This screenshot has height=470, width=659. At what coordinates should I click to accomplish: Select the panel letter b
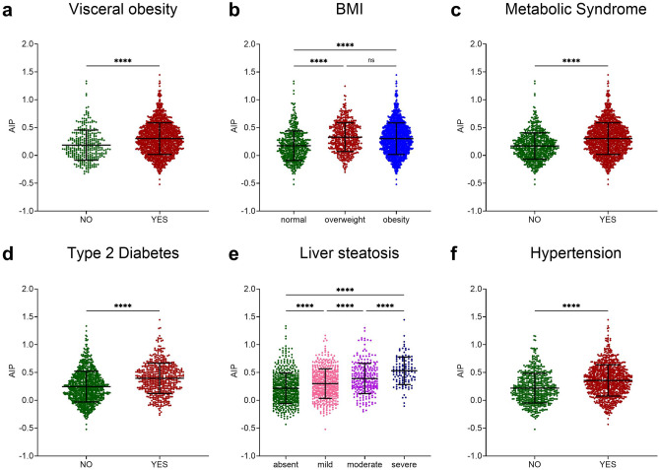[x=233, y=12]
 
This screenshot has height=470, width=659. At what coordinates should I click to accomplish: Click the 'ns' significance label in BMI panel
[x=370, y=58]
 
